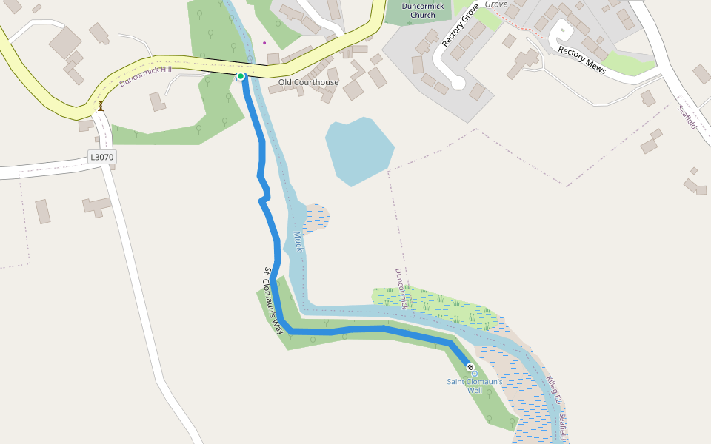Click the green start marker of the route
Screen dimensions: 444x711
tap(241, 76)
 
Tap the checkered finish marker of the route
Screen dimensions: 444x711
tap(470, 367)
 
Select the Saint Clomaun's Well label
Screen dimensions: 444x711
tap(474, 386)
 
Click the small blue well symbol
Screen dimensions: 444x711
tap(475, 374)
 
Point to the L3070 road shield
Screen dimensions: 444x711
tap(102, 157)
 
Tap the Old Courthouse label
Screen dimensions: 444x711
tap(308, 82)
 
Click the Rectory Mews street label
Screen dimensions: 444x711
tap(582, 61)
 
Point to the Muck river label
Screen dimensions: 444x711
tap(298, 242)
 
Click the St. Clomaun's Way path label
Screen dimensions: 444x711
tap(273, 300)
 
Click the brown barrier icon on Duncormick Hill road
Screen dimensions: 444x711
tap(101, 105)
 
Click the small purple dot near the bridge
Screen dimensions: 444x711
tap(264, 42)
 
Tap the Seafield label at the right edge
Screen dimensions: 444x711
tap(687, 117)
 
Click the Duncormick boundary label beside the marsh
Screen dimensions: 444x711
tap(401, 288)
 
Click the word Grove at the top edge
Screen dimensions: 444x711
tap(496, 4)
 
